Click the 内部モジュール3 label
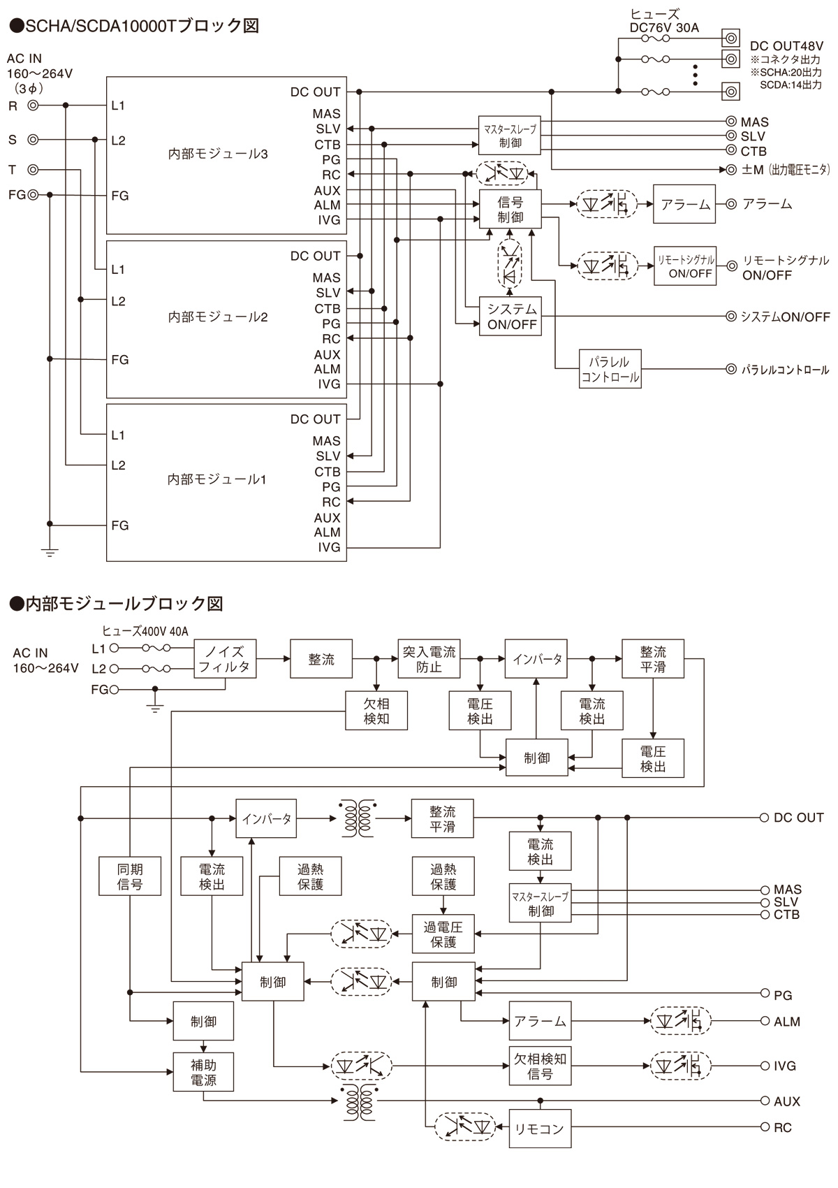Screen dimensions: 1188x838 point(218,154)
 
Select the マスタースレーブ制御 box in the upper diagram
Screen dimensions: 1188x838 point(510,136)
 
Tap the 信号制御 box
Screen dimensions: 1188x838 point(510,209)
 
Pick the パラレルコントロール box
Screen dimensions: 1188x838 point(610,370)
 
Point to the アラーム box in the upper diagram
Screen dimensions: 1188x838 point(684,204)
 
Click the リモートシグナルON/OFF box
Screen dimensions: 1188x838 point(684,266)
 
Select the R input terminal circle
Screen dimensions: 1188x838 point(33,106)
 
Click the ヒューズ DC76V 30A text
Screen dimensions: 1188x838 point(663,21)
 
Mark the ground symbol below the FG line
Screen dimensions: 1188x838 point(50,551)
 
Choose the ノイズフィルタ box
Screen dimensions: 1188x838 point(224,659)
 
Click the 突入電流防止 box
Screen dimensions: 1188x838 point(429,659)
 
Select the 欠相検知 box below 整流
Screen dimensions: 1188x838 point(376,711)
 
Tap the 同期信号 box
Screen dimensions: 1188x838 point(130,876)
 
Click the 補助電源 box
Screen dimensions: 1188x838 point(203,1072)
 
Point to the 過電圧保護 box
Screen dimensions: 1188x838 point(443,934)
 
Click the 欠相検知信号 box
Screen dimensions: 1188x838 point(540,1066)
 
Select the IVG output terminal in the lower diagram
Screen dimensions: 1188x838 point(765,1066)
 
